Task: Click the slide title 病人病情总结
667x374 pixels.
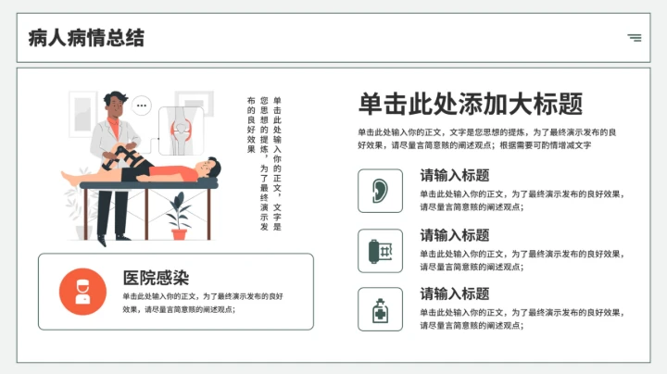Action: click(x=86, y=38)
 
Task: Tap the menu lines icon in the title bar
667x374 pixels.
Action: click(x=634, y=38)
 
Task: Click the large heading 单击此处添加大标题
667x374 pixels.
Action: click(x=470, y=103)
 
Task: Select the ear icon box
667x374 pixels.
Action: click(x=380, y=191)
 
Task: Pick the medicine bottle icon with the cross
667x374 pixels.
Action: click(x=380, y=309)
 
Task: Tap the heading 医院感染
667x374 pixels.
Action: click(x=156, y=277)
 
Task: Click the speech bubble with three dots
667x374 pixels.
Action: click(x=141, y=105)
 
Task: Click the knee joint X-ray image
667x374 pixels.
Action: click(x=180, y=131)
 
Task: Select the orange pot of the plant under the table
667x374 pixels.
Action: click(x=179, y=233)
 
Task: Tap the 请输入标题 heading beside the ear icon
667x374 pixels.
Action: click(x=454, y=175)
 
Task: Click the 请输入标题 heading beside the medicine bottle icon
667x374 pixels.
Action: click(x=454, y=293)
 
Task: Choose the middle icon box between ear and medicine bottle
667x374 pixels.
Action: click(x=380, y=250)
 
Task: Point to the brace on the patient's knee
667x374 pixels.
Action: click(x=139, y=162)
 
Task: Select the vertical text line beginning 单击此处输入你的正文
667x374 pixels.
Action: click(x=277, y=163)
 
